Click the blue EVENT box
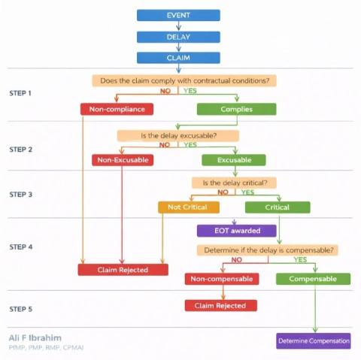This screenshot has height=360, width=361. coord(178,15)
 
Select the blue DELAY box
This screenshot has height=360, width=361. coord(178,37)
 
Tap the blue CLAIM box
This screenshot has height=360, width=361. coord(178,58)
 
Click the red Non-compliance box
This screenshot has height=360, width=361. coord(117,109)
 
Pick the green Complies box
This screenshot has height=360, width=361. coord(237,109)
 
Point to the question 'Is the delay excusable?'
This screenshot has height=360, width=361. coord(178,136)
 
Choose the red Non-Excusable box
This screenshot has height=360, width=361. coord(123,160)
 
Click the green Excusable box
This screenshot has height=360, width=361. coord(234,160)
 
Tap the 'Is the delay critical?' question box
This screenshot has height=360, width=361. coord(234,183)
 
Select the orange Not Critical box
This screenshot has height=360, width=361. coord(189,207)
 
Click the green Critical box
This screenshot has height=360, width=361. coord(278,207)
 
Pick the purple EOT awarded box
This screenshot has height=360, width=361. coord(237,231)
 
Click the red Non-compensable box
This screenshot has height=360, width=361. coord(222,279)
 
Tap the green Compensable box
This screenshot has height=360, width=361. coord(313,279)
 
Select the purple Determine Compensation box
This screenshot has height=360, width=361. coord(314,341)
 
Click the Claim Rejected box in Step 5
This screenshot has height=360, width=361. coord(221,306)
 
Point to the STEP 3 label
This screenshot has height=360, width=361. coord(21,195)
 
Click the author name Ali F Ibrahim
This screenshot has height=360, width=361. coord(35,338)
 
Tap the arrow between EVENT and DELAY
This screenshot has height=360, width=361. coord(178,26)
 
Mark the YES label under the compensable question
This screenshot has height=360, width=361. coord(300,259)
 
